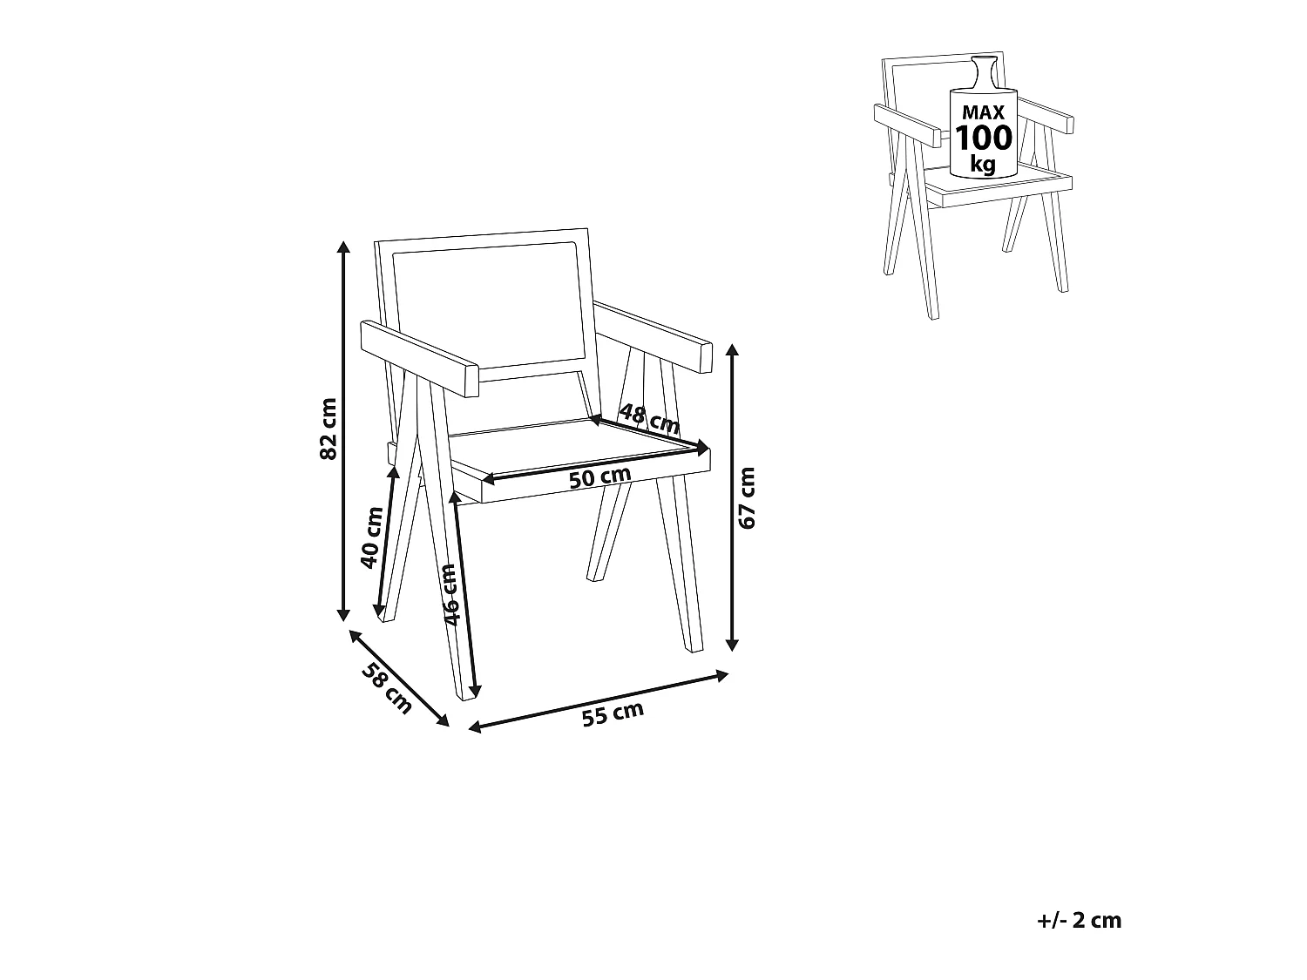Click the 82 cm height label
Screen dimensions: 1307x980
[328, 429]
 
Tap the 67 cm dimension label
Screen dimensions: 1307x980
[746, 498]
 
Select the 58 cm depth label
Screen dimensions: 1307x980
[387, 688]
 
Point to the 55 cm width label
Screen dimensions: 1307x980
[613, 713]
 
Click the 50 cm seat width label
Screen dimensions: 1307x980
[599, 477]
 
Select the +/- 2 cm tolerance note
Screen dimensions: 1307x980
[1079, 921]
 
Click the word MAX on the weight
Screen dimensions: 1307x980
[983, 112]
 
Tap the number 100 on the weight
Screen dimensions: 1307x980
[983, 138]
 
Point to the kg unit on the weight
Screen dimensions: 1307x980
[983, 164]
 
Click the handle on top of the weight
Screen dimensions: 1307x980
[984, 72]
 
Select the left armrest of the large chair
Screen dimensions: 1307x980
[420, 359]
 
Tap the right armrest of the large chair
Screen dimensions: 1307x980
[653, 336]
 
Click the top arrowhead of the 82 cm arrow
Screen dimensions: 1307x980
[342, 247]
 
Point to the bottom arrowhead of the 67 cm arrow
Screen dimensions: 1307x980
[733, 645]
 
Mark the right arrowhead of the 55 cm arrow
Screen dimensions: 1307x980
[721, 675]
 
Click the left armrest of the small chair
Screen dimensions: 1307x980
[907, 125]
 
